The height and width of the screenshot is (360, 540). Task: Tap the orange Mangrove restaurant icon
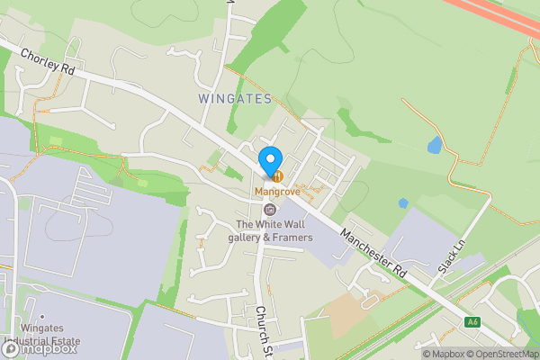point(278,175)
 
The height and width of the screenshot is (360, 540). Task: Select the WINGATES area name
point(233,99)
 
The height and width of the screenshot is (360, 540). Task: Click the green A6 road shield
point(472,322)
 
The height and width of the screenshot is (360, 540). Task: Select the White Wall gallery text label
point(274,230)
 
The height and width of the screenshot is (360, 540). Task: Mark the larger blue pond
point(436,145)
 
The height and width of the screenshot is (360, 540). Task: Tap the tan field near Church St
point(343,311)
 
